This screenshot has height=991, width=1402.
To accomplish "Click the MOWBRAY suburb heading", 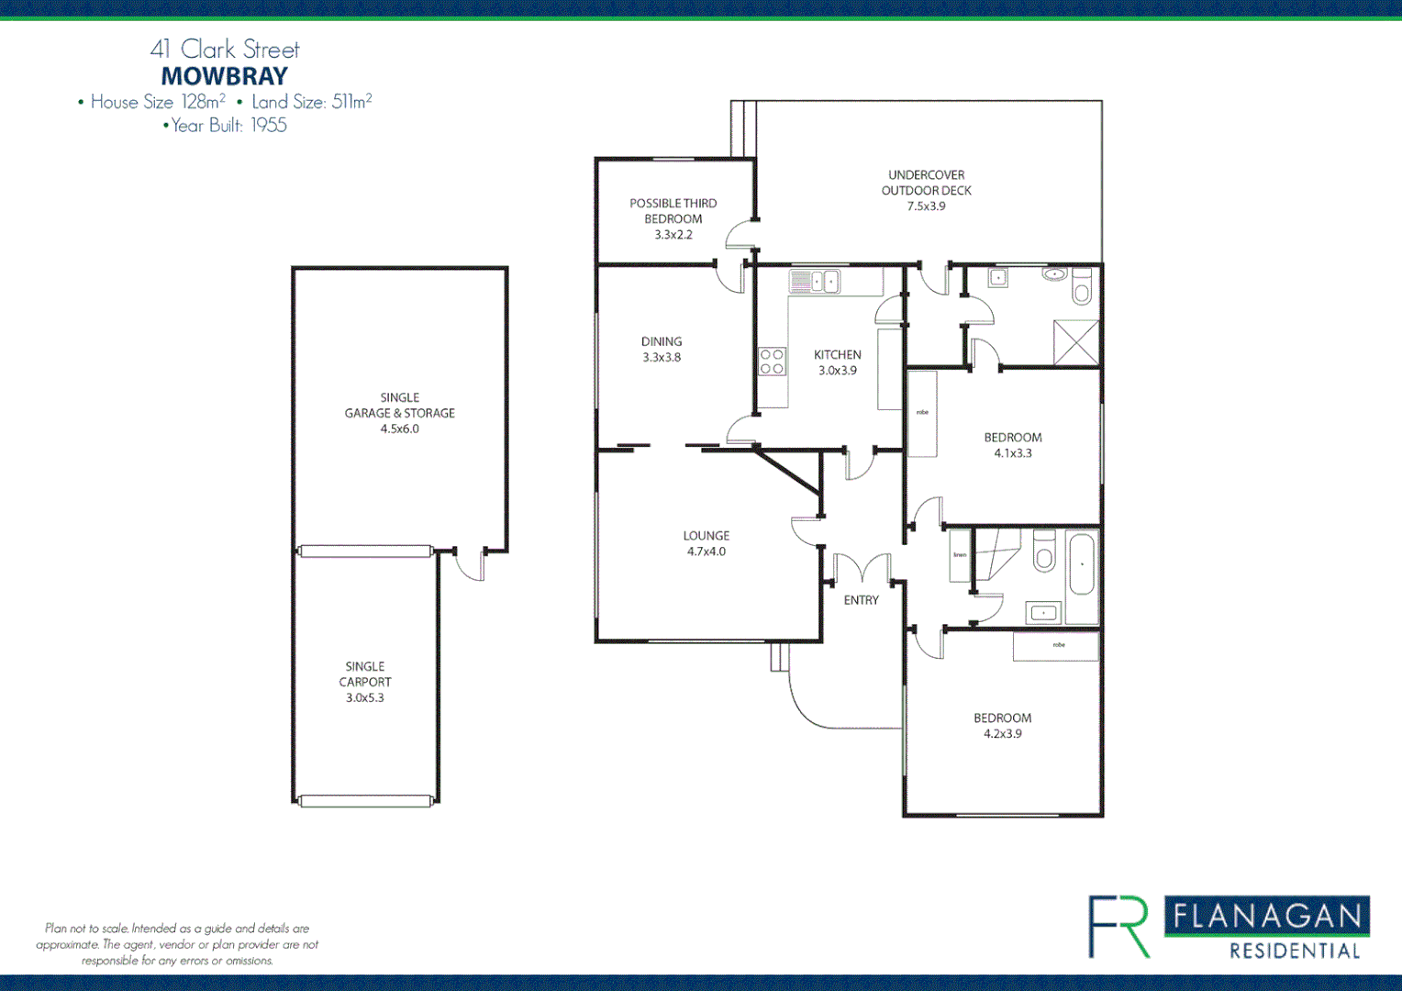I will coord(225,76).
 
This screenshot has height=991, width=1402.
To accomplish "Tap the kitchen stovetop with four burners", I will coord(772,362).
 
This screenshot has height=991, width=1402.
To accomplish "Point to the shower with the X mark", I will coord(1075,342).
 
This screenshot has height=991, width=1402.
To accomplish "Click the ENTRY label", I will coord(861,600).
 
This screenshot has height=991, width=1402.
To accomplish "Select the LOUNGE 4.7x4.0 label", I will coord(706,543).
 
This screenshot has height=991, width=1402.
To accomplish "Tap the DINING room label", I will coord(662,349).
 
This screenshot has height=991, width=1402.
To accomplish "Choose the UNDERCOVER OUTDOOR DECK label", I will coord(926,190).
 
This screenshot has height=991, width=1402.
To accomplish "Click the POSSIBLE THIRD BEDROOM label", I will coord(673,218).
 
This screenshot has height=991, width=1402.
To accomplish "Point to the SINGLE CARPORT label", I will coord(364,682).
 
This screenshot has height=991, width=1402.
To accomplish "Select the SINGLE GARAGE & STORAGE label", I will coord(399,413).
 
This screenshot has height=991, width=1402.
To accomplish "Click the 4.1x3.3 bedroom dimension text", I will coord(1013,453).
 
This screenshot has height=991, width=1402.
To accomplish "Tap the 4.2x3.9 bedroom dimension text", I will coord(1003,734).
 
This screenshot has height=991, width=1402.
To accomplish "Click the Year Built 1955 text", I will coord(225,126).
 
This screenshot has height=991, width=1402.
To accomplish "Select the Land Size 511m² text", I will coord(311,102).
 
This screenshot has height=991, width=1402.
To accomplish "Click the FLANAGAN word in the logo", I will coord(1267,916).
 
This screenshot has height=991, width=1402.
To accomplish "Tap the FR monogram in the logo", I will coord(1119,927).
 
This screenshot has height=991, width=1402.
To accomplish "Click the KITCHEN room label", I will coord(837,354).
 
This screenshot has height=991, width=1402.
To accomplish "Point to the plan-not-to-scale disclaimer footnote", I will coord(177,944).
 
